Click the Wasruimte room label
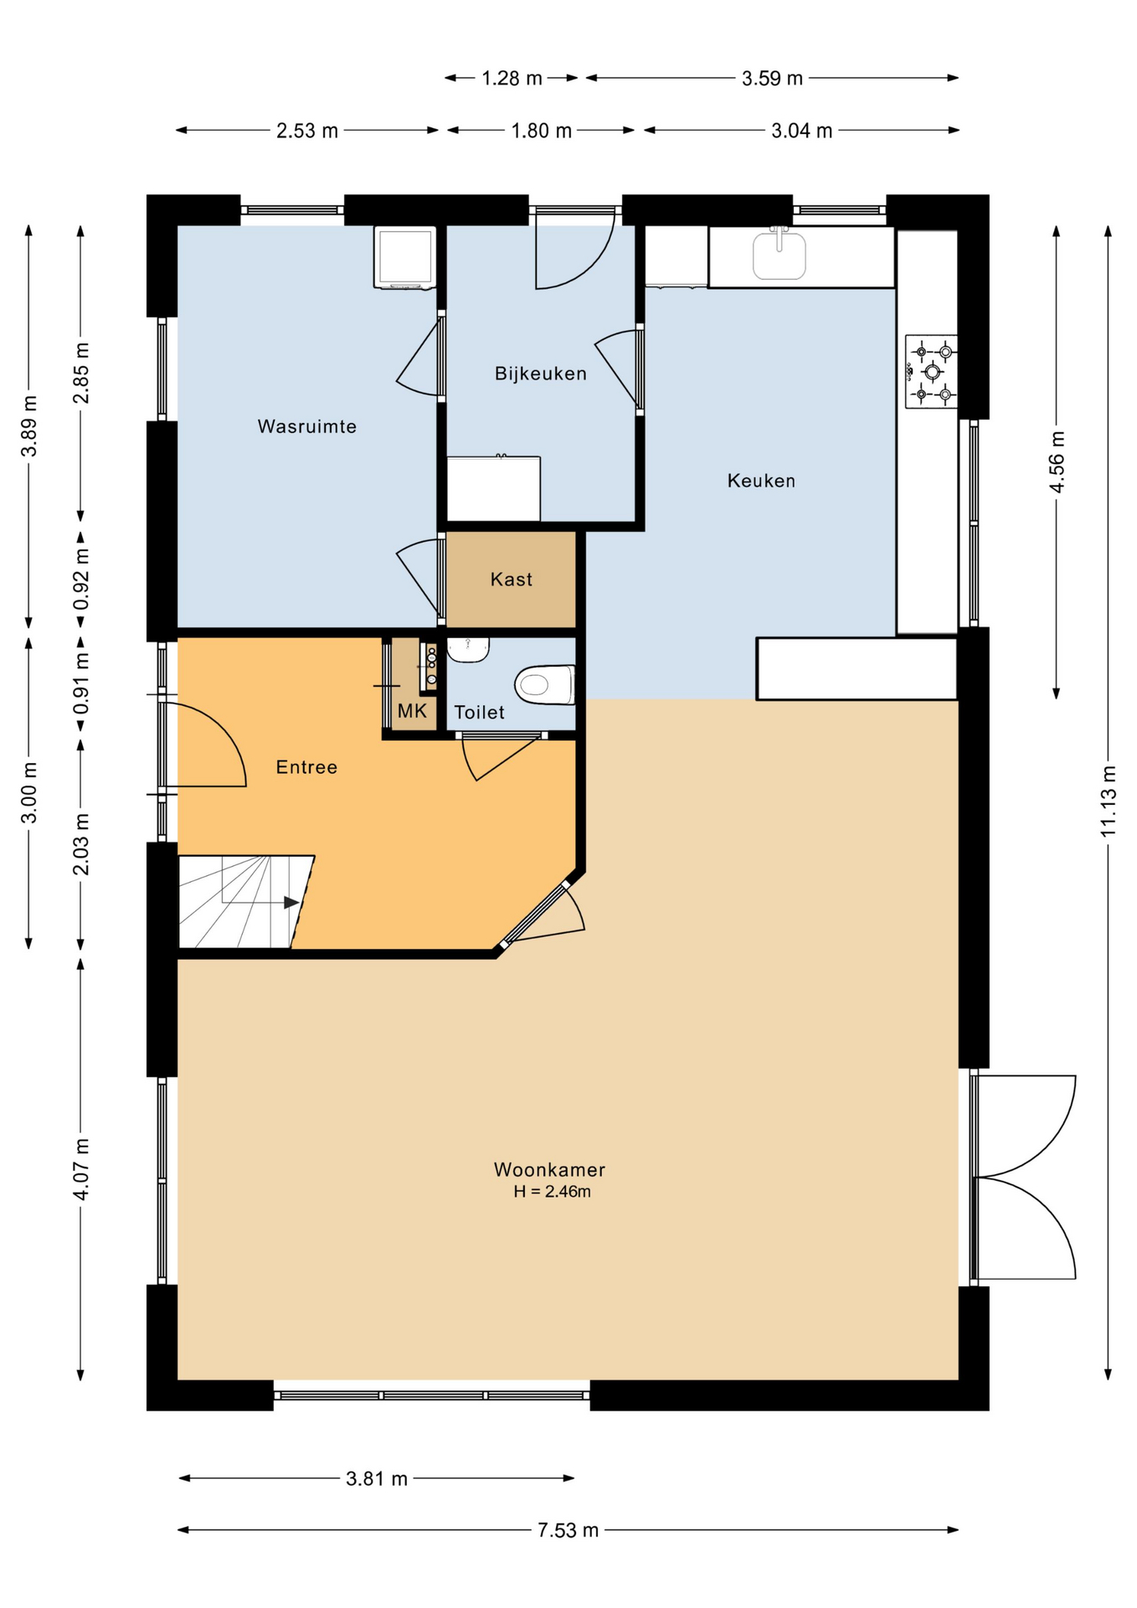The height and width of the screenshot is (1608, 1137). click(306, 426)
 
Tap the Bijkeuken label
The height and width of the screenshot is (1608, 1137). click(540, 374)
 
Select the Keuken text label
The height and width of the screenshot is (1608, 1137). click(761, 481)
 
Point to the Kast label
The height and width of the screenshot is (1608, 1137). click(511, 580)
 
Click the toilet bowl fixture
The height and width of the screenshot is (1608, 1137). click(545, 684)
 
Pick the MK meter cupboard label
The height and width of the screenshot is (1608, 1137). click(412, 711)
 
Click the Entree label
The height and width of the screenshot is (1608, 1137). click(306, 767)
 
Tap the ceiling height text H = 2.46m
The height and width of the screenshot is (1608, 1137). click(552, 1192)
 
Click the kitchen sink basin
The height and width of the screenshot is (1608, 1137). click(779, 255)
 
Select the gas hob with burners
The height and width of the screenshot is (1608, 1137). click(931, 372)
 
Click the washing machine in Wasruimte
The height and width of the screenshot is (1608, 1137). click(404, 257)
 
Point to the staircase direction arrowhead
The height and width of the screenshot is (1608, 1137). click(291, 902)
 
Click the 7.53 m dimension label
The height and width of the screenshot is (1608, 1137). click(568, 1530)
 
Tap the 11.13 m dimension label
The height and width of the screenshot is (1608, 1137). click(1109, 801)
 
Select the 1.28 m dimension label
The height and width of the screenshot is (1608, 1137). click(512, 79)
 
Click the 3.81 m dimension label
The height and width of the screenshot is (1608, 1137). click(376, 1479)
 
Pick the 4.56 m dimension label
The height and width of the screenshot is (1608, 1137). click(1057, 461)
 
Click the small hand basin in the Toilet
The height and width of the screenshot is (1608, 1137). click(468, 650)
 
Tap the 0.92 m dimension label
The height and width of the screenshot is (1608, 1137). click(81, 580)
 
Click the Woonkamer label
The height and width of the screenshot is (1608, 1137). click(549, 1169)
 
